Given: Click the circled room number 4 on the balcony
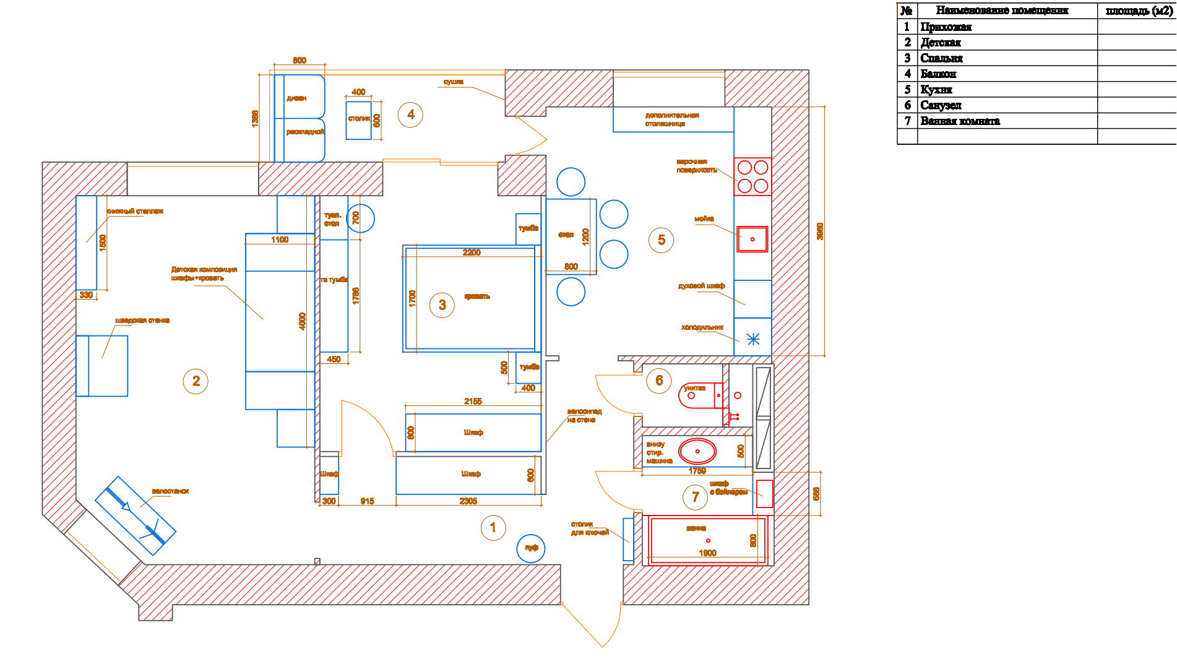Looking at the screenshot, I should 410,114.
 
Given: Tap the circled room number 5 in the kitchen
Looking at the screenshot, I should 661,240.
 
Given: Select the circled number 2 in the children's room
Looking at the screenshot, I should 196,381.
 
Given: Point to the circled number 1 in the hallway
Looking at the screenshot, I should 493,528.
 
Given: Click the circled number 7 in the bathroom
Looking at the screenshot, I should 696,497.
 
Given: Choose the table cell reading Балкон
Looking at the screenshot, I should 938,74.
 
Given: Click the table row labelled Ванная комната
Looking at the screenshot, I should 960,121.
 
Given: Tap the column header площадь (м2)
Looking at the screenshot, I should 1138,11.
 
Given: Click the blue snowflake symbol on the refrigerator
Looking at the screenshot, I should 753,339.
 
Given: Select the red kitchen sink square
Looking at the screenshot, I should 752,239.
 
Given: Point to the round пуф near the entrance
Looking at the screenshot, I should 531,548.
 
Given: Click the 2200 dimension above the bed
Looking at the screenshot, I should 472,253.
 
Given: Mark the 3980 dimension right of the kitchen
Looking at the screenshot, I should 820,231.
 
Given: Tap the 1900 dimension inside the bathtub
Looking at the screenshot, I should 707,553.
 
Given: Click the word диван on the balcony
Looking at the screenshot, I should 296,98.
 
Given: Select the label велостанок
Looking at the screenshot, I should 170,491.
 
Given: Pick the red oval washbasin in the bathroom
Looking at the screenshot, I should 697,451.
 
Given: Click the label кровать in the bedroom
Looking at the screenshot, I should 477,296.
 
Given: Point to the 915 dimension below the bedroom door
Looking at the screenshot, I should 367,501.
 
